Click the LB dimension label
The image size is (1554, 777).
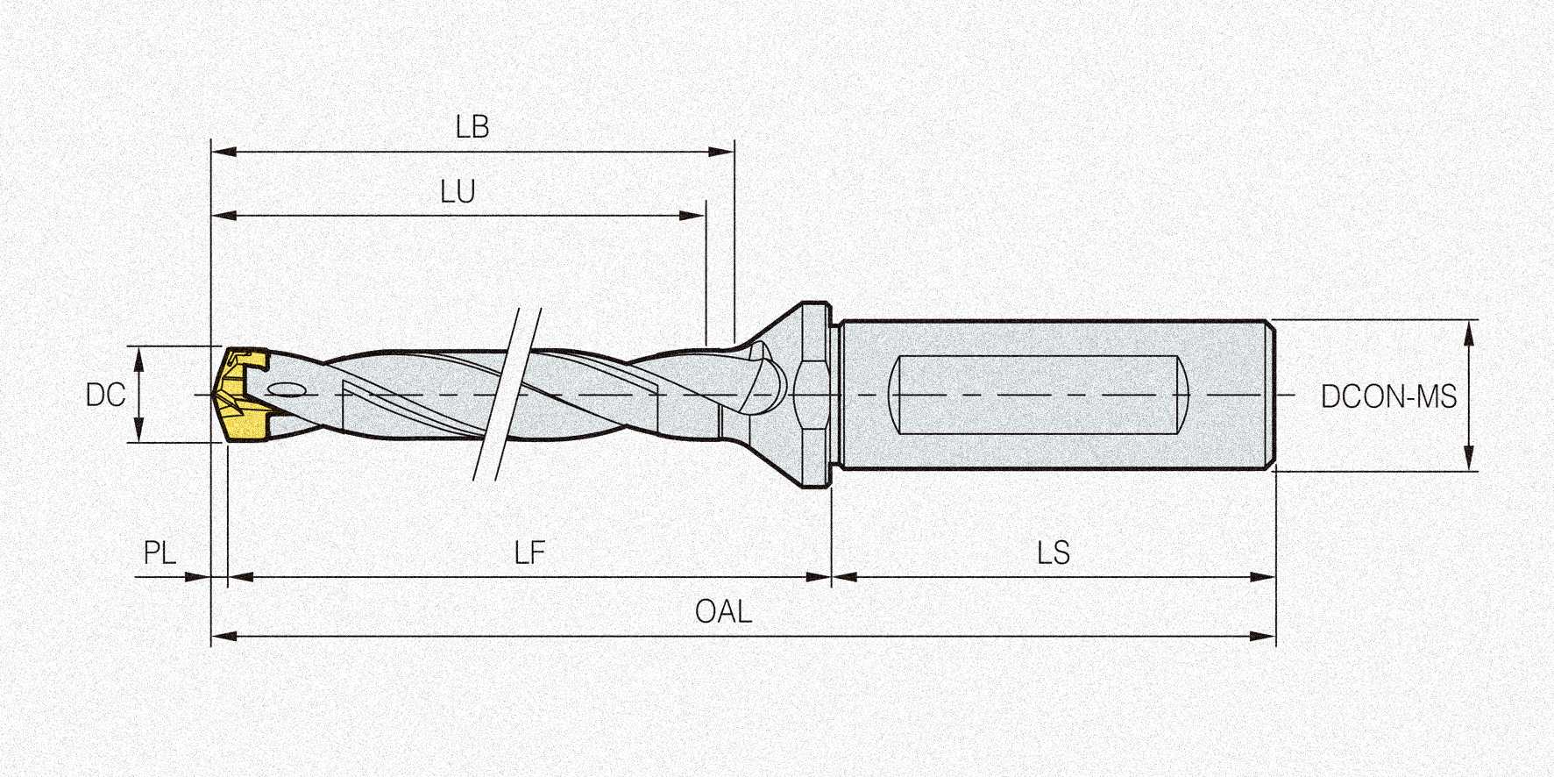pyautogui.click(x=472, y=128)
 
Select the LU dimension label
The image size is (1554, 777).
pyautogui.click(x=458, y=192)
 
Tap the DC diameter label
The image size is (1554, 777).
pyautogui.click(x=105, y=396)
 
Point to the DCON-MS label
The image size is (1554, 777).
pyautogui.click(x=1388, y=397)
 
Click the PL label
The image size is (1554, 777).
pyautogui.click(x=160, y=553)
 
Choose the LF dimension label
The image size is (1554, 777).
pyautogui.click(x=529, y=553)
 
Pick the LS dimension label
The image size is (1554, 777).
pyautogui.click(x=1054, y=553)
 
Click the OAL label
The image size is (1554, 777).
pyautogui.click(x=723, y=612)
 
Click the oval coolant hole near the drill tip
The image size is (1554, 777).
pyautogui.click(x=286, y=390)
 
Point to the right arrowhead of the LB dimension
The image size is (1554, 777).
pyautogui.click(x=722, y=152)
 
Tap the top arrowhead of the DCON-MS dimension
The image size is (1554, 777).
pyautogui.click(x=1470, y=331)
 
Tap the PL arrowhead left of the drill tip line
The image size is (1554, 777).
pyautogui.click(x=200, y=577)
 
